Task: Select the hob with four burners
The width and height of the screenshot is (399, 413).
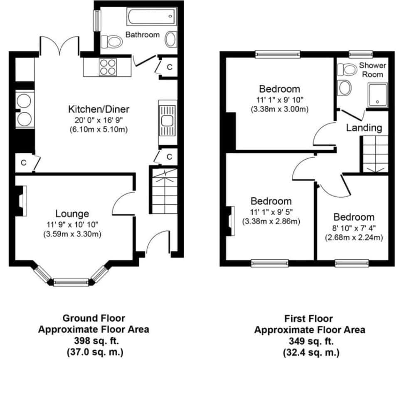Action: pyautogui.click(x=108, y=67)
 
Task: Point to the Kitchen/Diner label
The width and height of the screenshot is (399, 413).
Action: pyautogui.click(x=99, y=109)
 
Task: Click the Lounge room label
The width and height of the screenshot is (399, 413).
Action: pyautogui.click(x=72, y=213)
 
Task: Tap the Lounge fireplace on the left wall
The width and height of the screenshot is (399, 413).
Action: pyautogui.click(x=21, y=201)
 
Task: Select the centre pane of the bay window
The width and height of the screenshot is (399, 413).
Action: pyautogui.click(x=71, y=282)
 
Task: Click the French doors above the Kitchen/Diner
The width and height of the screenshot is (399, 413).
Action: pyautogui.click(x=59, y=46)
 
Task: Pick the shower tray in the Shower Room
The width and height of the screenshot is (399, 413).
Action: pyautogui.click(x=378, y=95)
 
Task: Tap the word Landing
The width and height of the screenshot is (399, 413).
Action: pyautogui.click(x=364, y=128)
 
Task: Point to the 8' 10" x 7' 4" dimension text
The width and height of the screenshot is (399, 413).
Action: pyautogui.click(x=354, y=228)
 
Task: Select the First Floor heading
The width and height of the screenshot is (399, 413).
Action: pyautogui.click(x=308, y=318)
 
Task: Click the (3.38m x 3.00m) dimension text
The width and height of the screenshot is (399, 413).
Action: pyautogui.click(x=279, y=109)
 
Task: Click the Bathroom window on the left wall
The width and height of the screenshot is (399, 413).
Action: pyautogui.click(x=97, y=20)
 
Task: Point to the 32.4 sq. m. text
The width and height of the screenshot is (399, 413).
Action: pyautogui.click(x=311, y=352)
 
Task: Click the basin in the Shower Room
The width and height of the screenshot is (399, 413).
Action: pyautogui.click(x=345, y=88)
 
